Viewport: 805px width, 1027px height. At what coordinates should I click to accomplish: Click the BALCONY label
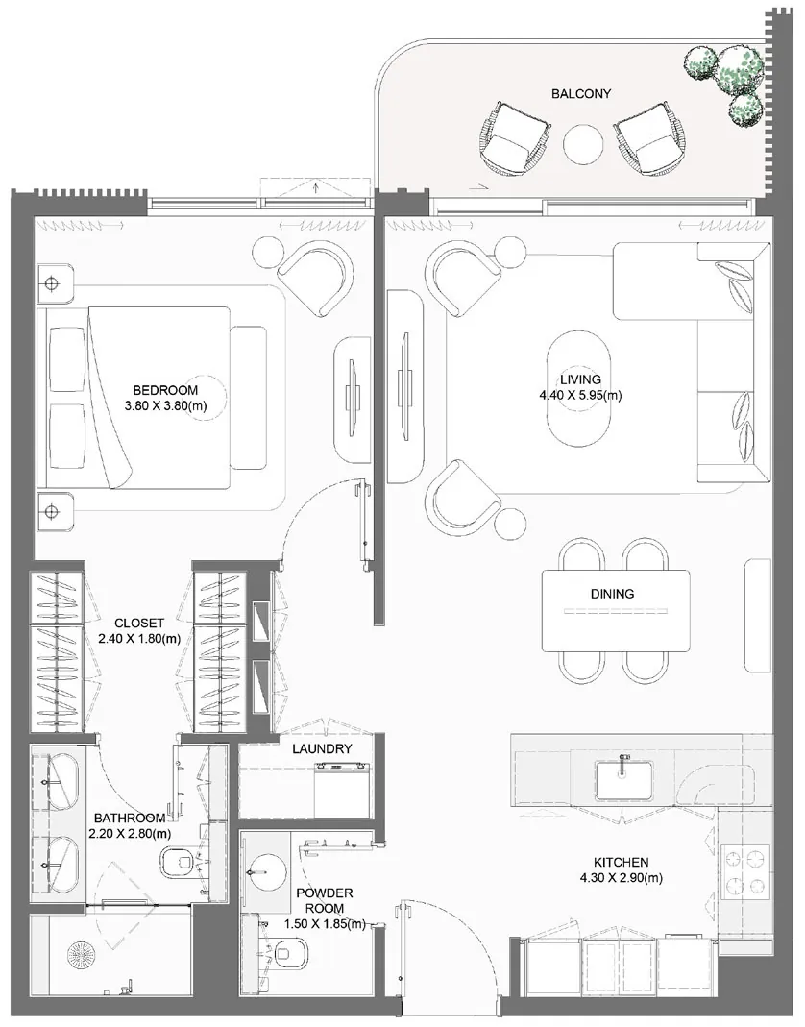[581, 93]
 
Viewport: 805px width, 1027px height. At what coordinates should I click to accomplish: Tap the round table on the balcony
[583, 143]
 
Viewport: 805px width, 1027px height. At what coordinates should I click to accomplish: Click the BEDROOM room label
[165, 390]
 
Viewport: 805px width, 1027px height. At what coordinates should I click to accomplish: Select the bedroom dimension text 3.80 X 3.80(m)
[165, 406]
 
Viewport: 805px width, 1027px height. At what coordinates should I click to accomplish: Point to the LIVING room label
[580, 379]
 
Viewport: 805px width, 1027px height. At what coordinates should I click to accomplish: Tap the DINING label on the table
[613, 594]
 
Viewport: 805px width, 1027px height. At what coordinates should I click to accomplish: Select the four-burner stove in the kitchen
[745, 871]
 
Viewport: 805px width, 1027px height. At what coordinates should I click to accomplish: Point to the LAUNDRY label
[322, 748]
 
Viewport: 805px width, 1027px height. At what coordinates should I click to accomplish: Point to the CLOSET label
[139, 623]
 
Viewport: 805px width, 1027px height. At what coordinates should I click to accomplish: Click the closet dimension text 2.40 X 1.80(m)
[139, 639]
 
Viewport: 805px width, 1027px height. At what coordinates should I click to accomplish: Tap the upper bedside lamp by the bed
[52, 284]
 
